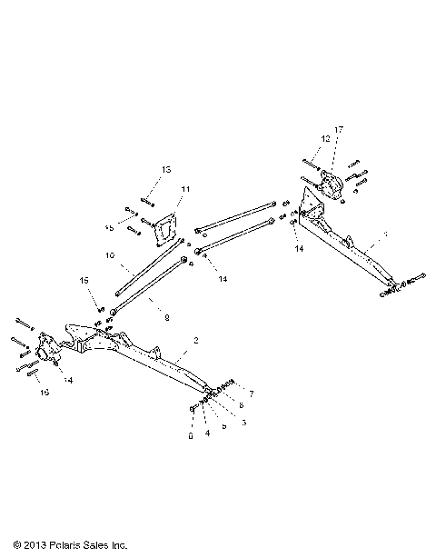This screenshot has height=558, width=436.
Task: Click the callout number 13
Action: (x=166, y=170)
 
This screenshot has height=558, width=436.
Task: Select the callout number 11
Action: (x=185, y=189)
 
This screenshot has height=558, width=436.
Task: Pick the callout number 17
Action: (x=339, y=131)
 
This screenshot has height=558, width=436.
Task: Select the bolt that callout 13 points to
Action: (x=148, y=200)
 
